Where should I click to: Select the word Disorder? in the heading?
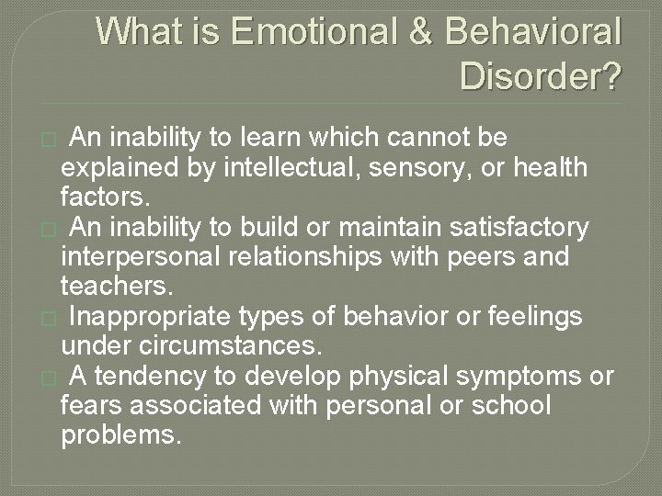(x=541, y=76)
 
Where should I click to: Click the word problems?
(x=120, y=436)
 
